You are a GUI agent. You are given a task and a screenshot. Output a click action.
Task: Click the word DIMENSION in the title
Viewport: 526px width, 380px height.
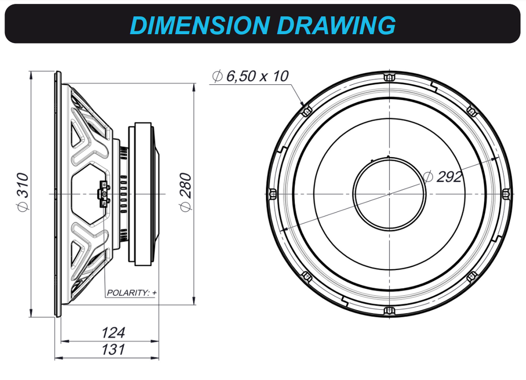[x=200, y=25]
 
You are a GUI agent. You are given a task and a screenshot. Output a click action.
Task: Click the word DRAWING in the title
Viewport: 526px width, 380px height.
[x=337, y=25]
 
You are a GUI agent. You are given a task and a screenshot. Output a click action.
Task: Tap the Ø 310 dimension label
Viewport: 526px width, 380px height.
[x=23, y=192]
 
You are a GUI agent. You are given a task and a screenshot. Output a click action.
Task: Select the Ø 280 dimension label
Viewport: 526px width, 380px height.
[x=185, y=192]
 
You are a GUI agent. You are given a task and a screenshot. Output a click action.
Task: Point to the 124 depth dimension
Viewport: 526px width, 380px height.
[x=113, y=333]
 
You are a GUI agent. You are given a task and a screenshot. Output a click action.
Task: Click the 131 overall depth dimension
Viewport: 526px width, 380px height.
[x=113, y=350]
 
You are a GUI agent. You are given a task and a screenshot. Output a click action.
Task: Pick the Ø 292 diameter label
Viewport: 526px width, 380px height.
[x=442, y=177]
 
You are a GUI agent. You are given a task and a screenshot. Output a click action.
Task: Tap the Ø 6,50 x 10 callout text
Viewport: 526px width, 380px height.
[x=250, y=76]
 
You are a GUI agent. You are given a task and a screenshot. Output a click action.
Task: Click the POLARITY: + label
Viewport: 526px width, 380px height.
[x=131, y=293]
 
